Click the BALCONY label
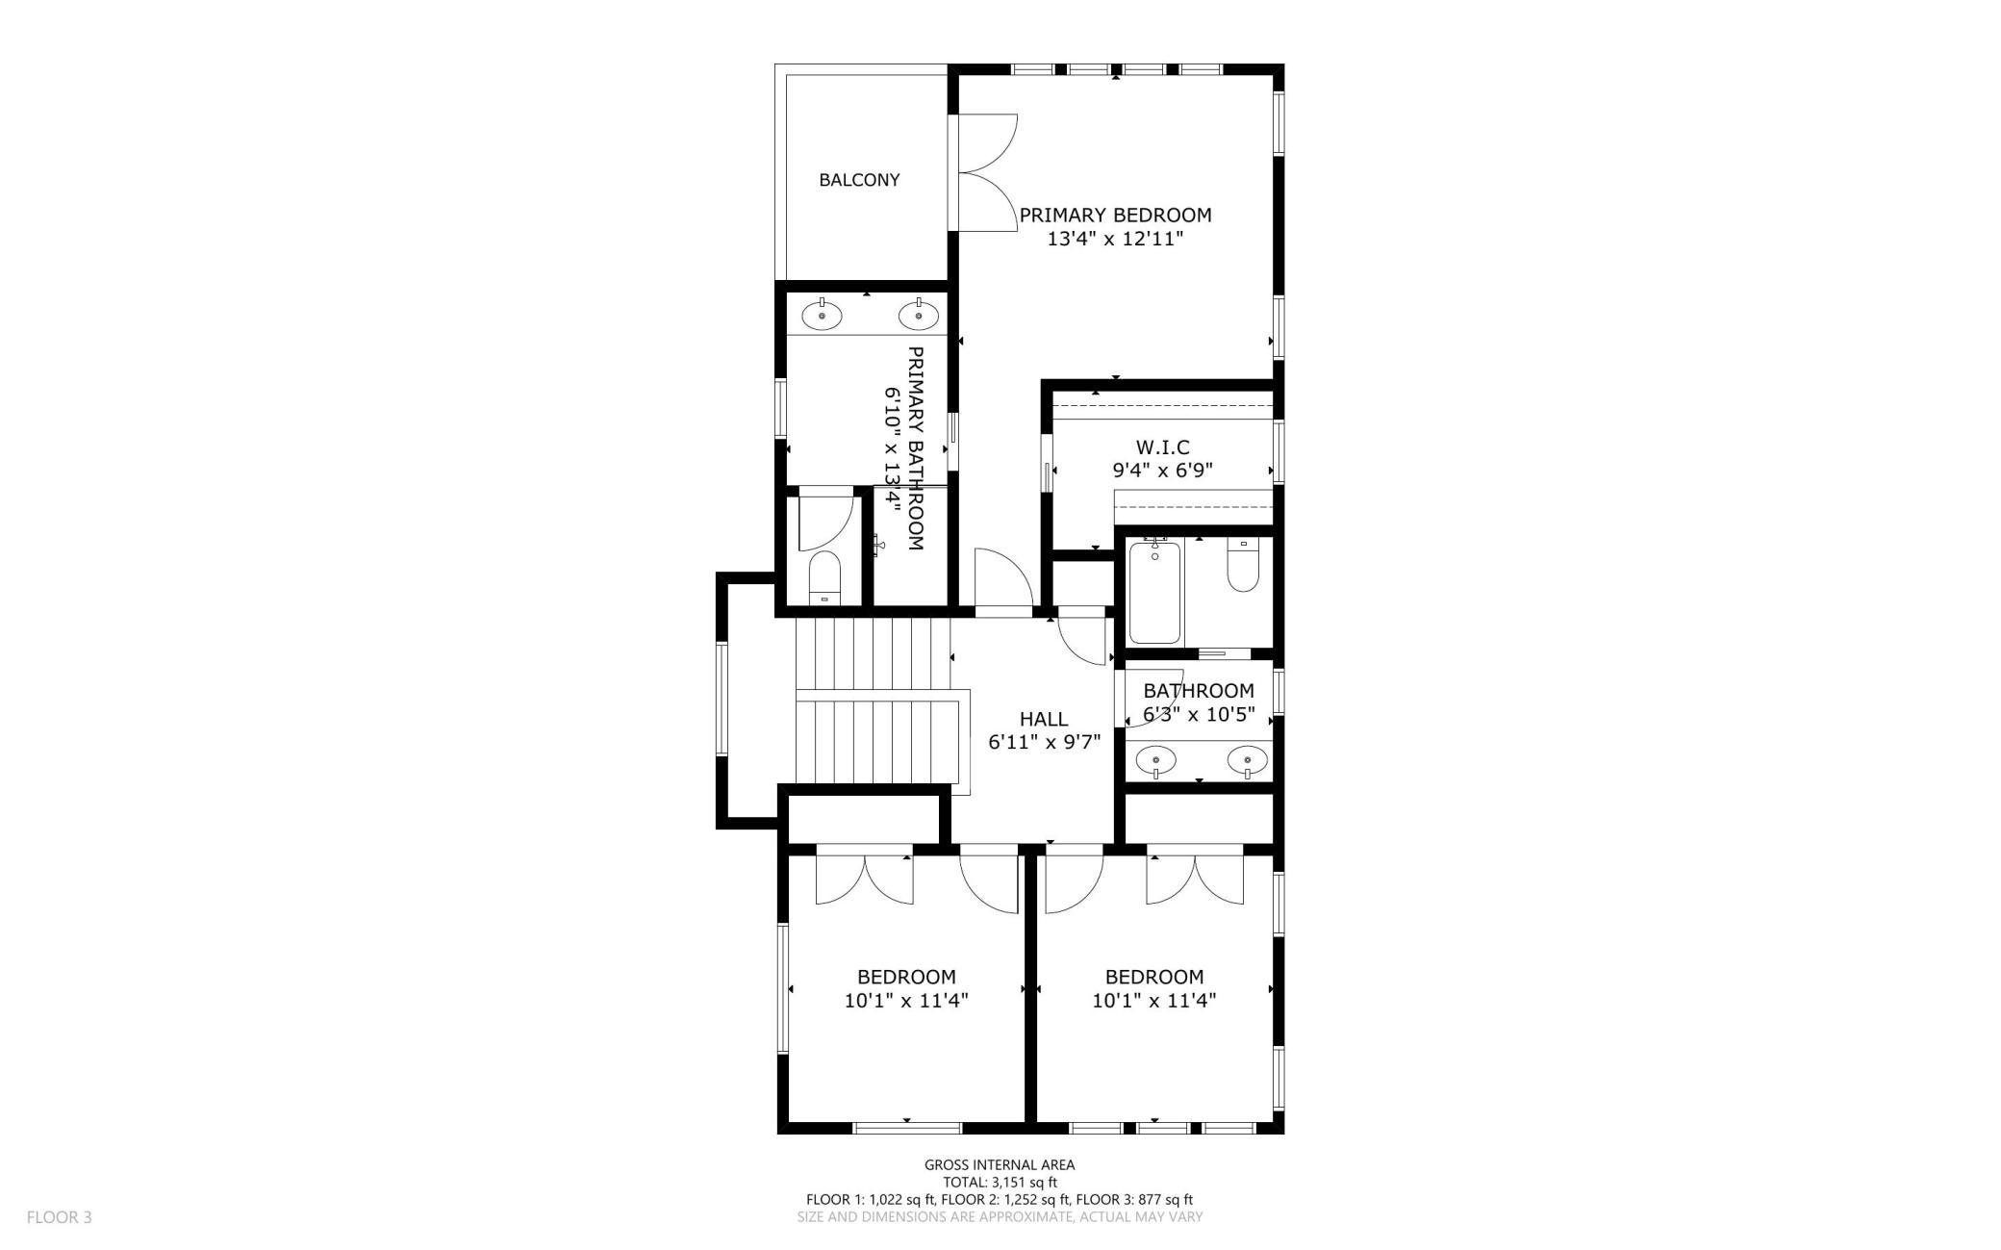859,180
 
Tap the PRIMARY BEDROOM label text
1115,216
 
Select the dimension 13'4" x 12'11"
1115,239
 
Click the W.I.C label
1162,447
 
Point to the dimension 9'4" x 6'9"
1162,471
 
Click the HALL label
1044,719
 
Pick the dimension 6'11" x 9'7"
1044,742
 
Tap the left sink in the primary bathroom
823,315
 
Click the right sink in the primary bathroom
919,315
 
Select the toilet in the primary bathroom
824,577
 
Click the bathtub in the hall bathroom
1154,592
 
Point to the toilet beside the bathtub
1243,565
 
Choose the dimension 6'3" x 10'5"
1198,715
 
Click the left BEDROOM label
906,978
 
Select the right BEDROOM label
1154,978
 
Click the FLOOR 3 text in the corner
59,1217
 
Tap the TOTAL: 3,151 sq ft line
1000,1183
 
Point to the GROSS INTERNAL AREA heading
1000,1165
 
